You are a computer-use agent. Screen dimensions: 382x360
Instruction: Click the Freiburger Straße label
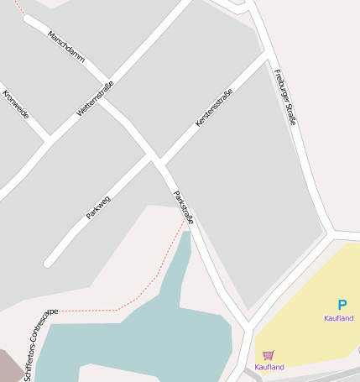[x=285, y=97]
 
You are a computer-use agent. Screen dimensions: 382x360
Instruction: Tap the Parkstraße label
[x=183, y=207]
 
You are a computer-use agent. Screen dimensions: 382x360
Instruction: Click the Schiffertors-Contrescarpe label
[x=40, y=345]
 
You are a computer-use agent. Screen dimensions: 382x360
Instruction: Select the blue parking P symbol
[x=342, y=306]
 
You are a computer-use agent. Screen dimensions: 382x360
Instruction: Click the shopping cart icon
[x=269, y=355]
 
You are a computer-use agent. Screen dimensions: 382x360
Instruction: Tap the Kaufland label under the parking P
[x=338, y=318]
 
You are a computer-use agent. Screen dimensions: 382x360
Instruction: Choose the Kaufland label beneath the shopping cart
[x=269, y=367]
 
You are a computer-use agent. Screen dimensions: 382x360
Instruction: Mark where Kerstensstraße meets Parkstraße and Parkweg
[x=156, y=160]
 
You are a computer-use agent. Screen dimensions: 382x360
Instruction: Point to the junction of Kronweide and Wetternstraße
[x=49, y=137]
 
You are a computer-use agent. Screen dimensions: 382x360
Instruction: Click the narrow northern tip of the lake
[x=185, y=237]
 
